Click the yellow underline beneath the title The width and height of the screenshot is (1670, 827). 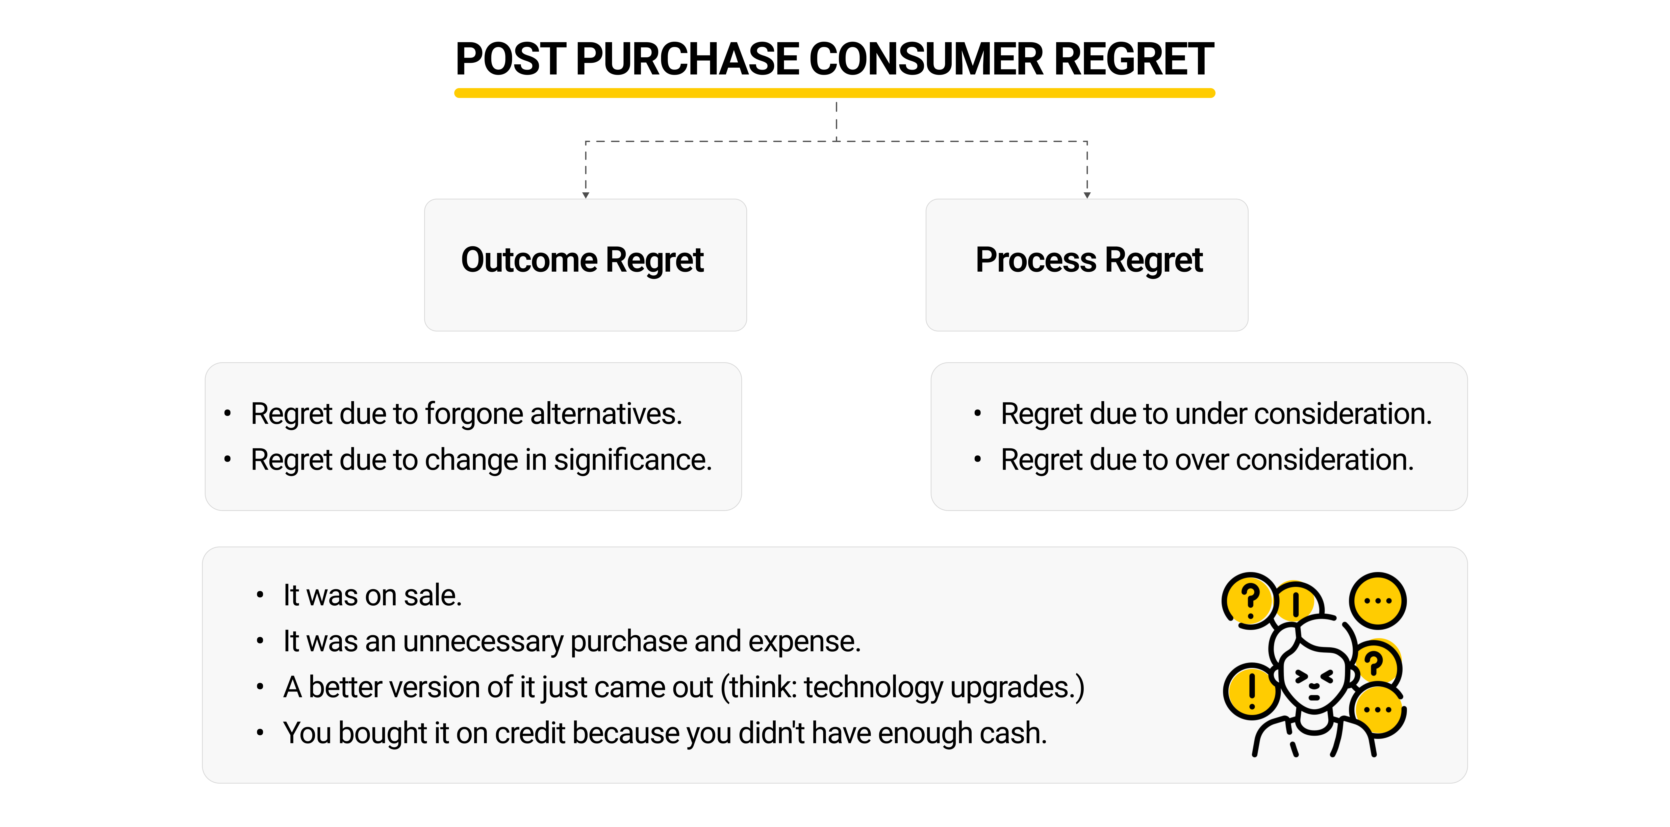(x=834, y=93)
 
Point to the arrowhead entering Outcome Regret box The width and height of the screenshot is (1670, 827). (x=585, y=194)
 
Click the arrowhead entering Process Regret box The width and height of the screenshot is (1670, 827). (x=1087, y=194)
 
